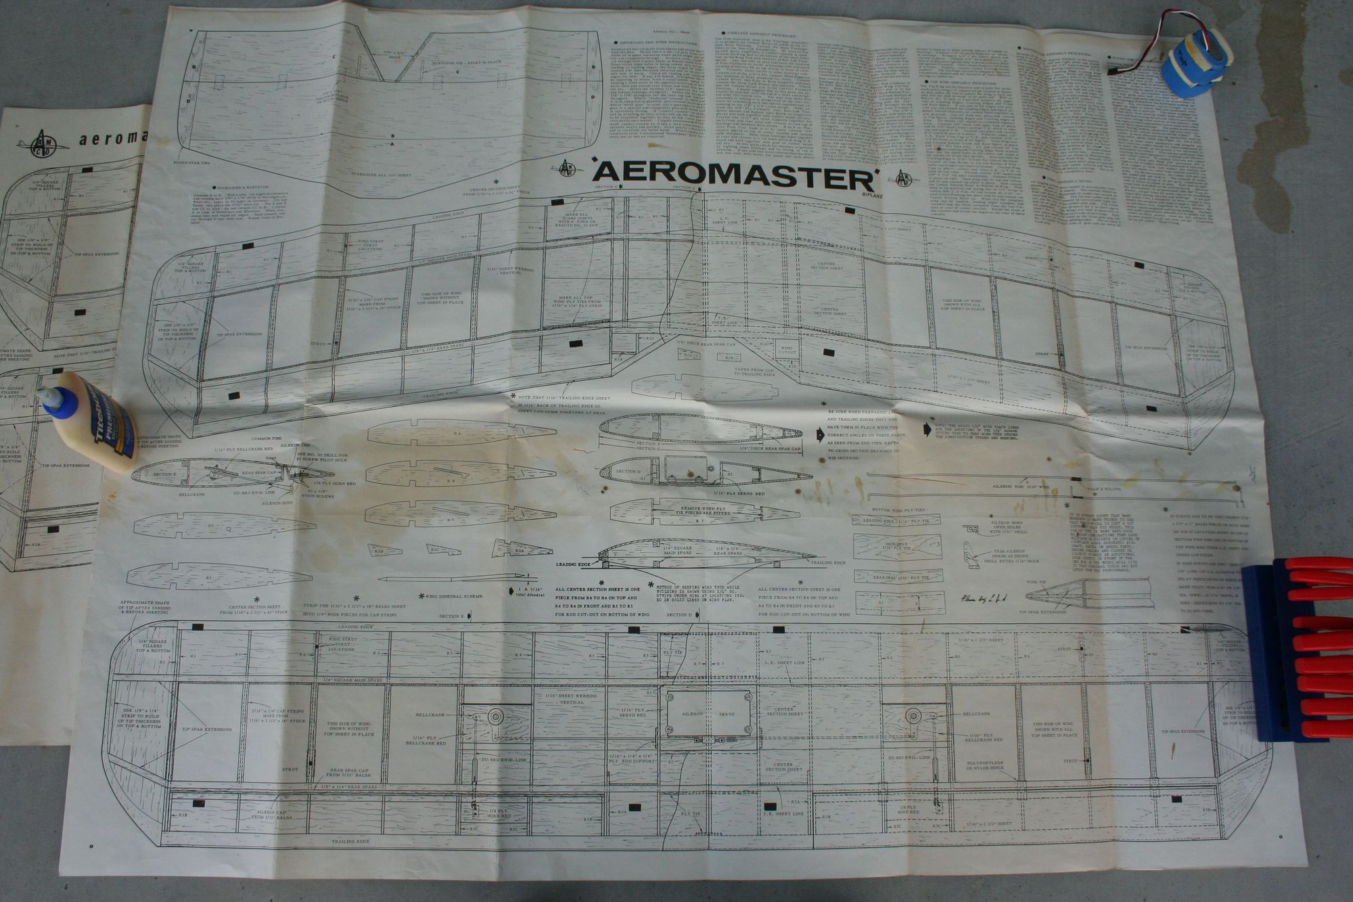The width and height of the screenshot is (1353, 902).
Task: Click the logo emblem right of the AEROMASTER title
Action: (904, 179)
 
